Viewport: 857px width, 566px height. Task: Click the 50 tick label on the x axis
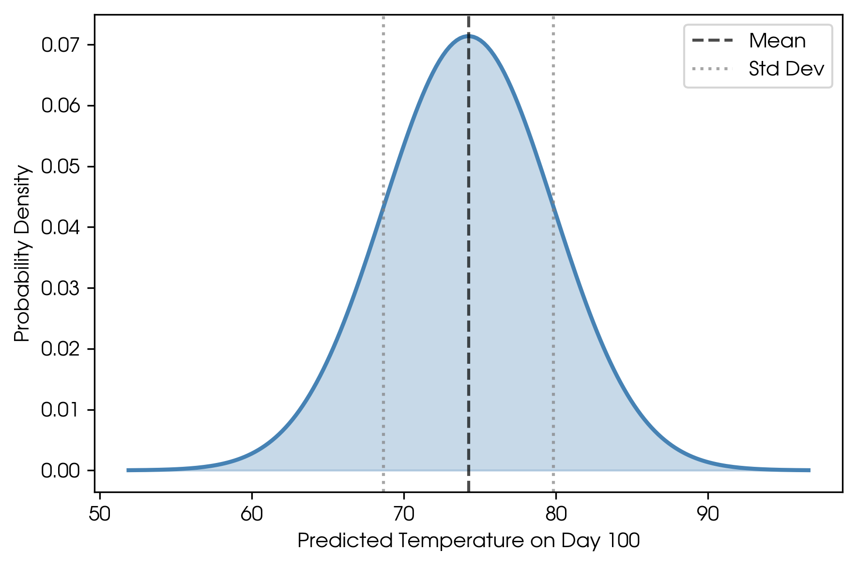tap(100, 514)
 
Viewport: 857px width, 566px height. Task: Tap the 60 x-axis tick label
tap(252, 514)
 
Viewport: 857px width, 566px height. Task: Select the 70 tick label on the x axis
tap(404, 514)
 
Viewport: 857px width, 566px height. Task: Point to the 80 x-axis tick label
tap(556, 514)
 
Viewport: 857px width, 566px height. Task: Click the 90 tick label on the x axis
tap(708, 514)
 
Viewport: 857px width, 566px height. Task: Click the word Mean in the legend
tap(777, 41)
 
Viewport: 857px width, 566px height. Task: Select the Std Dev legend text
tap(786, 69)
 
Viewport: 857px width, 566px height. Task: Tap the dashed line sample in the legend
tap(713, 41)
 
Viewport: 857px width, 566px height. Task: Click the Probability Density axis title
tap(22, 253)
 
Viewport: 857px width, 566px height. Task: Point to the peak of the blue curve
tap(469, 35)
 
